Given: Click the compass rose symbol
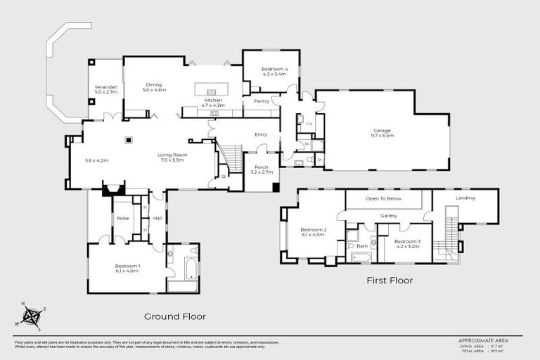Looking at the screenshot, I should [x=30, y=317].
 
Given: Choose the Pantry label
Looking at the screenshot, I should [x=260, y=101].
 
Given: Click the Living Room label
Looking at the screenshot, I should [x=172, y=157].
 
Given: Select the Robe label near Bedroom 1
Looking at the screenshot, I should [x=122, y=219].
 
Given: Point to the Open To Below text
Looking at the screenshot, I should [x=383, y=199].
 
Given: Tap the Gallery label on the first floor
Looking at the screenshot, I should [x=389, y=216].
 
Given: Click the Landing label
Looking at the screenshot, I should [x=465, y=198].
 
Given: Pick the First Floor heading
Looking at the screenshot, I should [x=390, y=281].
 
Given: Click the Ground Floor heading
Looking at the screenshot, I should [x=175, y=316].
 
